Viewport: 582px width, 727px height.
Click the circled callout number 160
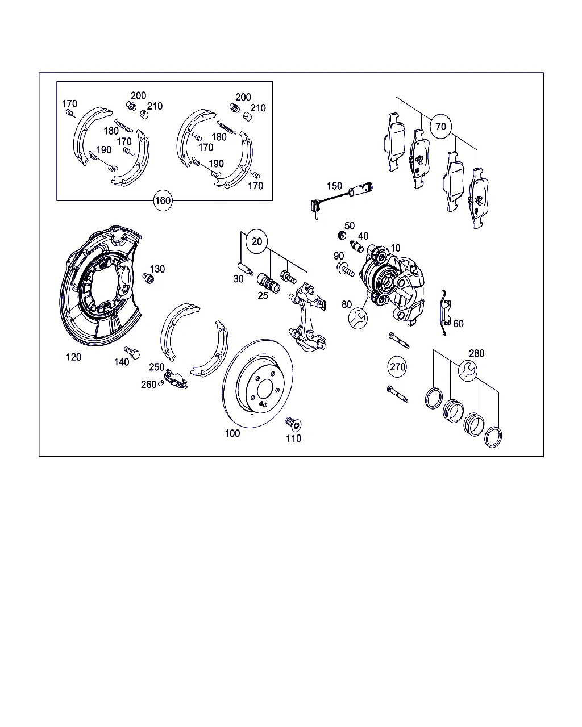pos(163,200)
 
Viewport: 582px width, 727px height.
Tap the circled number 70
pos(440,126)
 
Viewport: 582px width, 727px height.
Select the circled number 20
pos(257,241)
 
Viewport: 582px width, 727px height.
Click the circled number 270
pos(397,366)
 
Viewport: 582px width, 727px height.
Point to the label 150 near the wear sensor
pos(334,186)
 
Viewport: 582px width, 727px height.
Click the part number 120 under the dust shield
pos(74,357)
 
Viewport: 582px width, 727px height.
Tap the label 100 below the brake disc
pos(232,433)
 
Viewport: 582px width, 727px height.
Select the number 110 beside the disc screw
pos(293,438)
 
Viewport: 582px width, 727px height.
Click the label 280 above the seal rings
pos(476,353)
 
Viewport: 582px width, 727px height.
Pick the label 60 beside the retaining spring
pos(458,323)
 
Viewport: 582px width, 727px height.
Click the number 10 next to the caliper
pos(396,248)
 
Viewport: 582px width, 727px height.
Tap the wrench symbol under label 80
pos(358,318)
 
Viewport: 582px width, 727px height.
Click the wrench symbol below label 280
pos(468,370)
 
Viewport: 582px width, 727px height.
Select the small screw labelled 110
pos(293,424)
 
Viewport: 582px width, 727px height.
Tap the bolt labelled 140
pos(132,353)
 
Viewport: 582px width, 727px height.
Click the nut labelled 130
pos(148,278)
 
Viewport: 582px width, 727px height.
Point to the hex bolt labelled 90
pos(345,269)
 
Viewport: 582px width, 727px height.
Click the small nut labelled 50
pos(342,235)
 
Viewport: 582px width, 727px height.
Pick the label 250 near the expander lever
pos(156,367)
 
